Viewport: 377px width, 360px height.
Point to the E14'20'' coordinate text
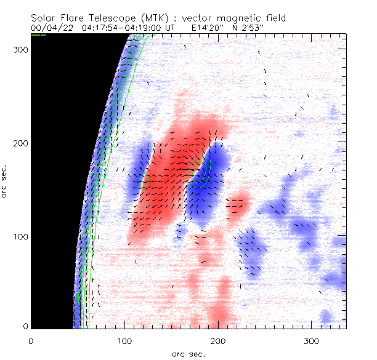[210, 28]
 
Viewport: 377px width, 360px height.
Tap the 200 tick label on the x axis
[217, 340]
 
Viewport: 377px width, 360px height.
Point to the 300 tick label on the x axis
[312, 340]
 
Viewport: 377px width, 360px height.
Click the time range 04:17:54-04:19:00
[118, 28]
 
